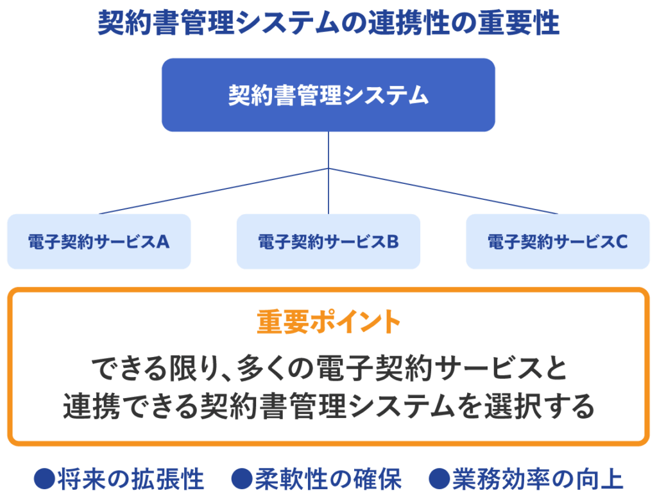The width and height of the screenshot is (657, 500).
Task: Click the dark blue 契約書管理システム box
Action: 328,95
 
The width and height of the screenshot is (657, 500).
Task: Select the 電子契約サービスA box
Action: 99,241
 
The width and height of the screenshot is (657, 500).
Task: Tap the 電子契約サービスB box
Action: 328,241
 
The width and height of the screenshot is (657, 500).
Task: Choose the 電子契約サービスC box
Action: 558,241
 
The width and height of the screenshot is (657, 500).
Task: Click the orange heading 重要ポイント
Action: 328,322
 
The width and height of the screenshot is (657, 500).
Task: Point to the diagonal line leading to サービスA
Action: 214,191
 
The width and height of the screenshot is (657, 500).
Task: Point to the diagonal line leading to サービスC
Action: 443,191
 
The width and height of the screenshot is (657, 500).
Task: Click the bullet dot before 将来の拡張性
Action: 44,479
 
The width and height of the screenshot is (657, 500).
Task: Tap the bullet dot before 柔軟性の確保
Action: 242,479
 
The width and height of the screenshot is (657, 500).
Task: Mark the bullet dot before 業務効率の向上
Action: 439,479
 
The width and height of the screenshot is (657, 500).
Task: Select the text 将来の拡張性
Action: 130,479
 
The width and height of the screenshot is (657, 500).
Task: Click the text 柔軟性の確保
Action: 328,479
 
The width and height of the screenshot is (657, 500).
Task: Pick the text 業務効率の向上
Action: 538,479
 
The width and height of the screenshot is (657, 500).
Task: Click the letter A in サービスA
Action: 163,242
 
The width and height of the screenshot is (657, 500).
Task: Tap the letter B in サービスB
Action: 393,242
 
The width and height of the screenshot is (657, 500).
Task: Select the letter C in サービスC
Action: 622,242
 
